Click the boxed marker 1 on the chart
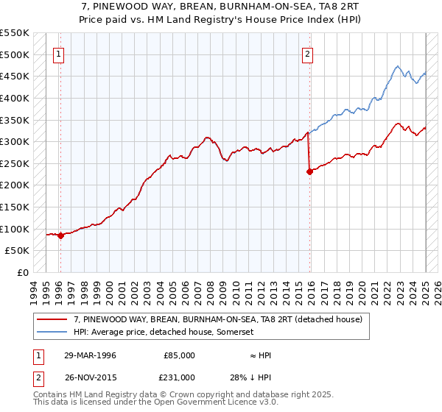pos(58,52)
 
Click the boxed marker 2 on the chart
pos(307,52)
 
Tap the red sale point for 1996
pos(60,235)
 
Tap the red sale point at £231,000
pos(309,171)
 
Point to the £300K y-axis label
pos(15,141)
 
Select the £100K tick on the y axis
pos(15,229)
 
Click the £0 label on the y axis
pos(22,272)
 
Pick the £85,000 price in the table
pos(178,355)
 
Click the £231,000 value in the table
pos(178,376)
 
